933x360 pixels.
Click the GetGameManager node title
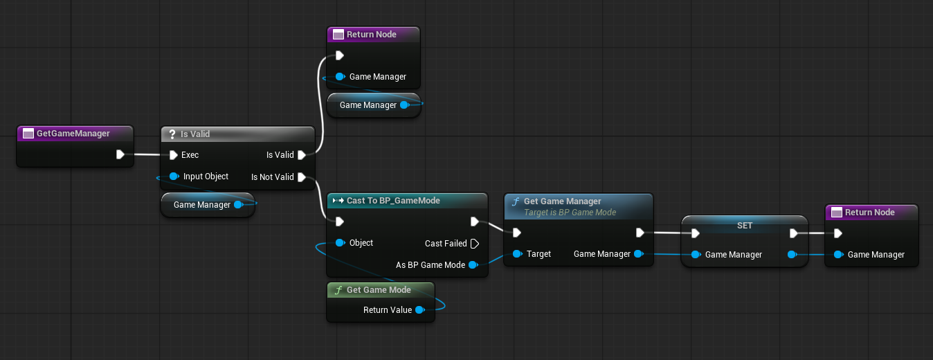[x=73, y=134]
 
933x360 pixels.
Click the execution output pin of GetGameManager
[x=120, y=154]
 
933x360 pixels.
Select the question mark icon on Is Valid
[x=172, y=134]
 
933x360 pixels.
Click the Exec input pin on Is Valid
[x=174, y=155]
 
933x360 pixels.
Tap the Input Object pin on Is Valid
[x=174, y=177]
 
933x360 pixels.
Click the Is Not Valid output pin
[x=302, y=177]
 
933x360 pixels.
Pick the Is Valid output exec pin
[x=302, y=155]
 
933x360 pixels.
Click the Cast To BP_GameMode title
[x=393, y=201]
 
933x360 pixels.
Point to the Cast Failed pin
[x=474, y=244]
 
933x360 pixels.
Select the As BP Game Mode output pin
[x=473, y=265]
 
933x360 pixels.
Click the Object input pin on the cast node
[x=340, y=243]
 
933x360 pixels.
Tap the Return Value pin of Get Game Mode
[x=419, y=310]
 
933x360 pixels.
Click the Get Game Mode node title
[x=379, y=290]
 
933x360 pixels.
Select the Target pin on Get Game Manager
[x=517, y=254]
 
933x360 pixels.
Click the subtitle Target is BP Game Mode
[x=570, y=213]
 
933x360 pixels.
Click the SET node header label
[x=744, y=226]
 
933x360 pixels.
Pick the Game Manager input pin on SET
[x=696, y=255]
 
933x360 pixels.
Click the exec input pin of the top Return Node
[x=340, y=55]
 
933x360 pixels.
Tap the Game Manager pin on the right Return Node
[x=838, y=255]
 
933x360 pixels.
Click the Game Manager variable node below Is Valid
[x=201, y=205]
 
